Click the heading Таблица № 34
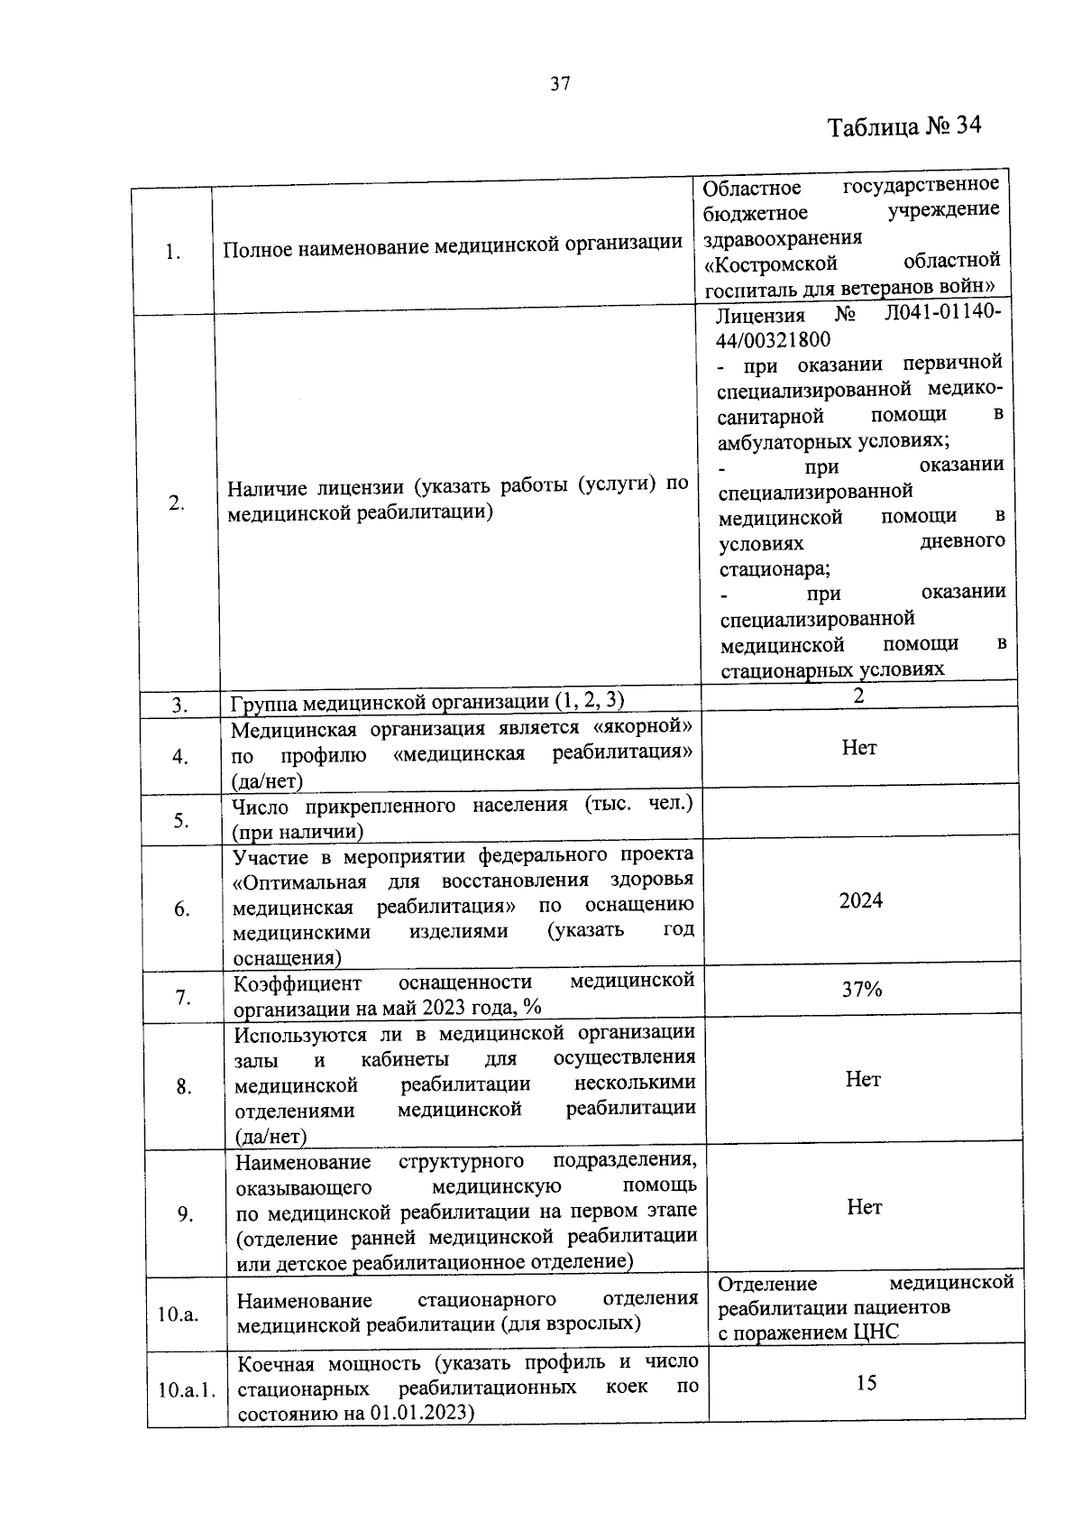904,125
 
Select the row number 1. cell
173,253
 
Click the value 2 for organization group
858,695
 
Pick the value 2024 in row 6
860,900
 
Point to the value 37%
862,990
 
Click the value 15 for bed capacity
866,1383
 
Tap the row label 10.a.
178,1314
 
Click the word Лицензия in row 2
759,316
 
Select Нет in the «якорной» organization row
859,748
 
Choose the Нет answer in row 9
864,1207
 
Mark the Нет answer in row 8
863,1080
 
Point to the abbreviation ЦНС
875,1333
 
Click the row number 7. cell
183,998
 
